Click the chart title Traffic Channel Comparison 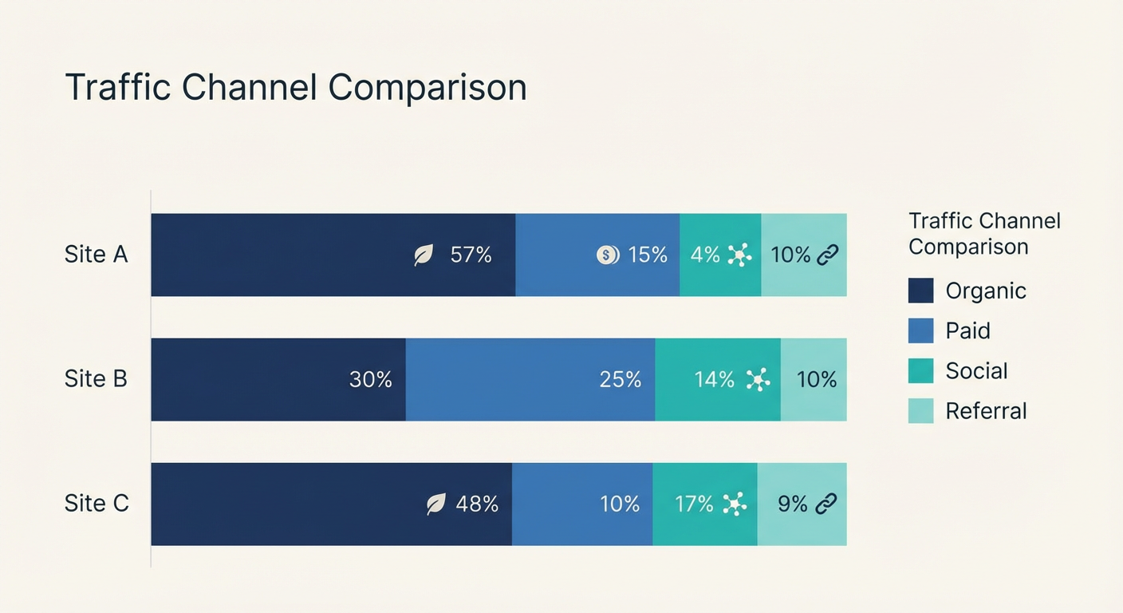click(295, 87)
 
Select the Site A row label click(96, 255)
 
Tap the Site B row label click(96, 379)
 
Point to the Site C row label click(97, 504)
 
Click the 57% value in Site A click(471, 255)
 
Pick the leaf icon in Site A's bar click(424, 255)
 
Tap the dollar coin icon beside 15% click(607, 255)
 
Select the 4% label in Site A click(705, 255)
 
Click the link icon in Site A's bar click(827, 255)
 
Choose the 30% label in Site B click(371, 380)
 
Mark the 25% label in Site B click(621, 380)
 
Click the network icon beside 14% click(758, 380)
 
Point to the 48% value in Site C click(477, 504)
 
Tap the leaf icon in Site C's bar click(435, 504)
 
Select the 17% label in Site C click(694, 504)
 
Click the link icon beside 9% click(826, 504)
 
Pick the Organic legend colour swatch click(920, 291)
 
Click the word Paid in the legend click(967, 330)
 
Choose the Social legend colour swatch click(920, 371)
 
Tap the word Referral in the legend click(986, 411)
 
